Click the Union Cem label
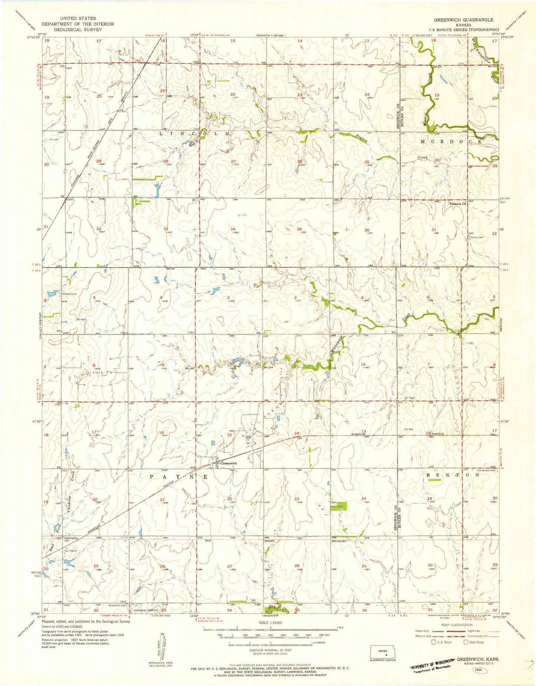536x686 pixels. click(477, 238)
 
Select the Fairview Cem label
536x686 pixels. click(69, 294)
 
